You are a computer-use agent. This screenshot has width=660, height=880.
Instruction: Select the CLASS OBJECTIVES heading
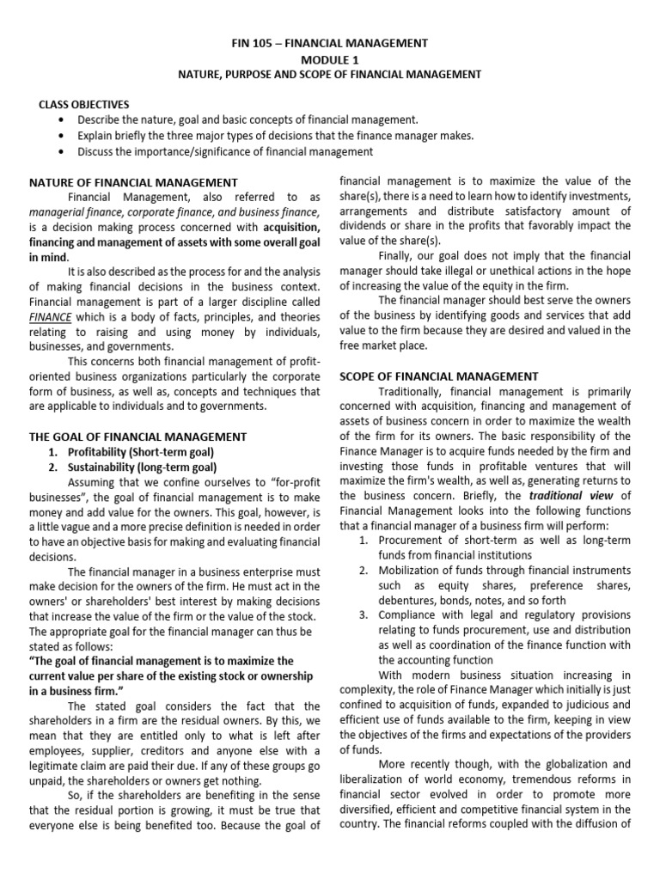click(x=83, y=104)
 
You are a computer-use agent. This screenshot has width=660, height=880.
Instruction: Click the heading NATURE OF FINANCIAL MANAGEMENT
click(x=133, y=182)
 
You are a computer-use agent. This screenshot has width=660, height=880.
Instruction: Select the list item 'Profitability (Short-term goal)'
click(x=140, y=452)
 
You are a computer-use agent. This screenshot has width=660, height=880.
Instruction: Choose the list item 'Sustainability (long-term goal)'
click(x=142, y=467)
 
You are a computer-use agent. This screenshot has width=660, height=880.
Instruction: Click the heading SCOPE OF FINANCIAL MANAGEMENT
click(x=439, y=376)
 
